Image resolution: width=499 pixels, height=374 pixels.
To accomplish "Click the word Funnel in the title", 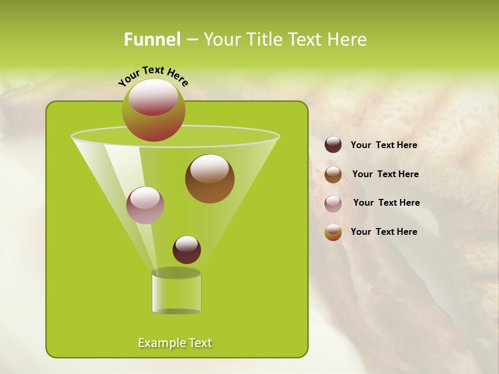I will click(x=152, y=39).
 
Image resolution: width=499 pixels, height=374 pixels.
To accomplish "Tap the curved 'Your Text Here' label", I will click(x=153, y=75).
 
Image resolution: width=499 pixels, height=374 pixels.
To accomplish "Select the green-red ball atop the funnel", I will click(x=153, y=110).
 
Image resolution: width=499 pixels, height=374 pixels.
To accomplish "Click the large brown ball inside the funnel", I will click(x=209, y=179).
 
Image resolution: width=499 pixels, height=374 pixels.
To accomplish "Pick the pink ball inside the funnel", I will click(x=145, y=205).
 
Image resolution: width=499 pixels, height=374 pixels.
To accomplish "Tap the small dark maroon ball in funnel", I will click(x=187, y=250).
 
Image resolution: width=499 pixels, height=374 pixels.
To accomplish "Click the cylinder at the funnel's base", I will click(x=176, y=293).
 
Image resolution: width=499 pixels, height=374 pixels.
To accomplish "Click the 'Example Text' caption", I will click(x=175, y=343).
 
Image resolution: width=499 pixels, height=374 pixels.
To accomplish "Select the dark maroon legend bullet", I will click(x=333, y=145).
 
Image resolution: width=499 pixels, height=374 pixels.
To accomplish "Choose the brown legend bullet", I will click(x=333, y=175).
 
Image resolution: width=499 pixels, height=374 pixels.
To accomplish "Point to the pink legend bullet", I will click(x=333, y=204).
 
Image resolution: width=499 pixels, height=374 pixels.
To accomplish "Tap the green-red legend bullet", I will click(x=333, y=232).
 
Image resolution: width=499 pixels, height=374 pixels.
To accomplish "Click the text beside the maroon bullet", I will click(x=384, y=145).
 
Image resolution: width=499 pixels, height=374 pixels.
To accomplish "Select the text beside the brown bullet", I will click(x=385, y=175).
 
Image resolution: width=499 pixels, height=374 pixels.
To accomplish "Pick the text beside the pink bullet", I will click(x=386, y=203).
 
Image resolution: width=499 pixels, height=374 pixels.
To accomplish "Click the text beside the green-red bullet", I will click(x=384, y=232).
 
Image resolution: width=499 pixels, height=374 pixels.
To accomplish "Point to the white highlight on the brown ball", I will click(x=209, y=169).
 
